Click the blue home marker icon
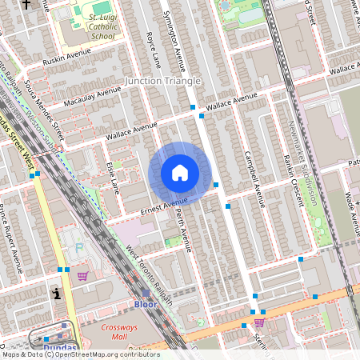pyautogui.click(x=180, y=173)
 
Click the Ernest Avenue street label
pyautogui.click(x=164, y=205)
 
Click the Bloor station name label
pyautogui.click(x=145, y=305)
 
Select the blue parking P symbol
pyautogui.click(x=78, y=247)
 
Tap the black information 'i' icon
pyautogui.click(x=56, y=294)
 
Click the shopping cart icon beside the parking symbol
pyautogui.click(x=82, y=275)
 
